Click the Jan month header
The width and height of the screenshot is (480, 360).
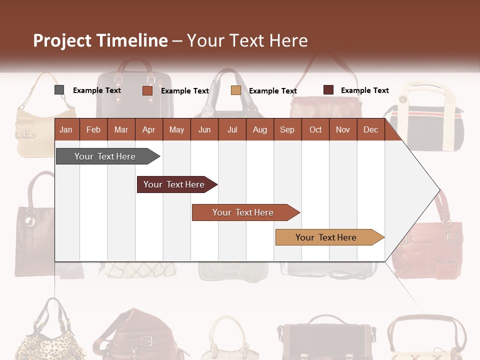(66, 129)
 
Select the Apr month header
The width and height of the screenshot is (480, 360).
(148, 129)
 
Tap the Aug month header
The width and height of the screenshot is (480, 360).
(259, 129)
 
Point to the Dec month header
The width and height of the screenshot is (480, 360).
(370, 129)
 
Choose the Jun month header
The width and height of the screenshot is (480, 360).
(204, 129)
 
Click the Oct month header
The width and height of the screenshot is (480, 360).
(315, 129)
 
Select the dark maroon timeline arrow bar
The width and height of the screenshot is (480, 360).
(175, 184)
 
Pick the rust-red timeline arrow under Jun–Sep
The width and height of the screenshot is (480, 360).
(244, 212)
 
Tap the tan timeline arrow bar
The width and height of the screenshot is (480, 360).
(327, 237)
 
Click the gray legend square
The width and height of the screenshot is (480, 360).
(59, 90)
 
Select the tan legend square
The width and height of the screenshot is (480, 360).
(236, 90)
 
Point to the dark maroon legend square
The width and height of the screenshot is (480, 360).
(328, 90)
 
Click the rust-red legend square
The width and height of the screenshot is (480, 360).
(147, 90)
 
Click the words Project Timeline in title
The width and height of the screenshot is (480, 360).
(100, 40)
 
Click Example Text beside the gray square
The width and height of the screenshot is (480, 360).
(96, 90)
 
